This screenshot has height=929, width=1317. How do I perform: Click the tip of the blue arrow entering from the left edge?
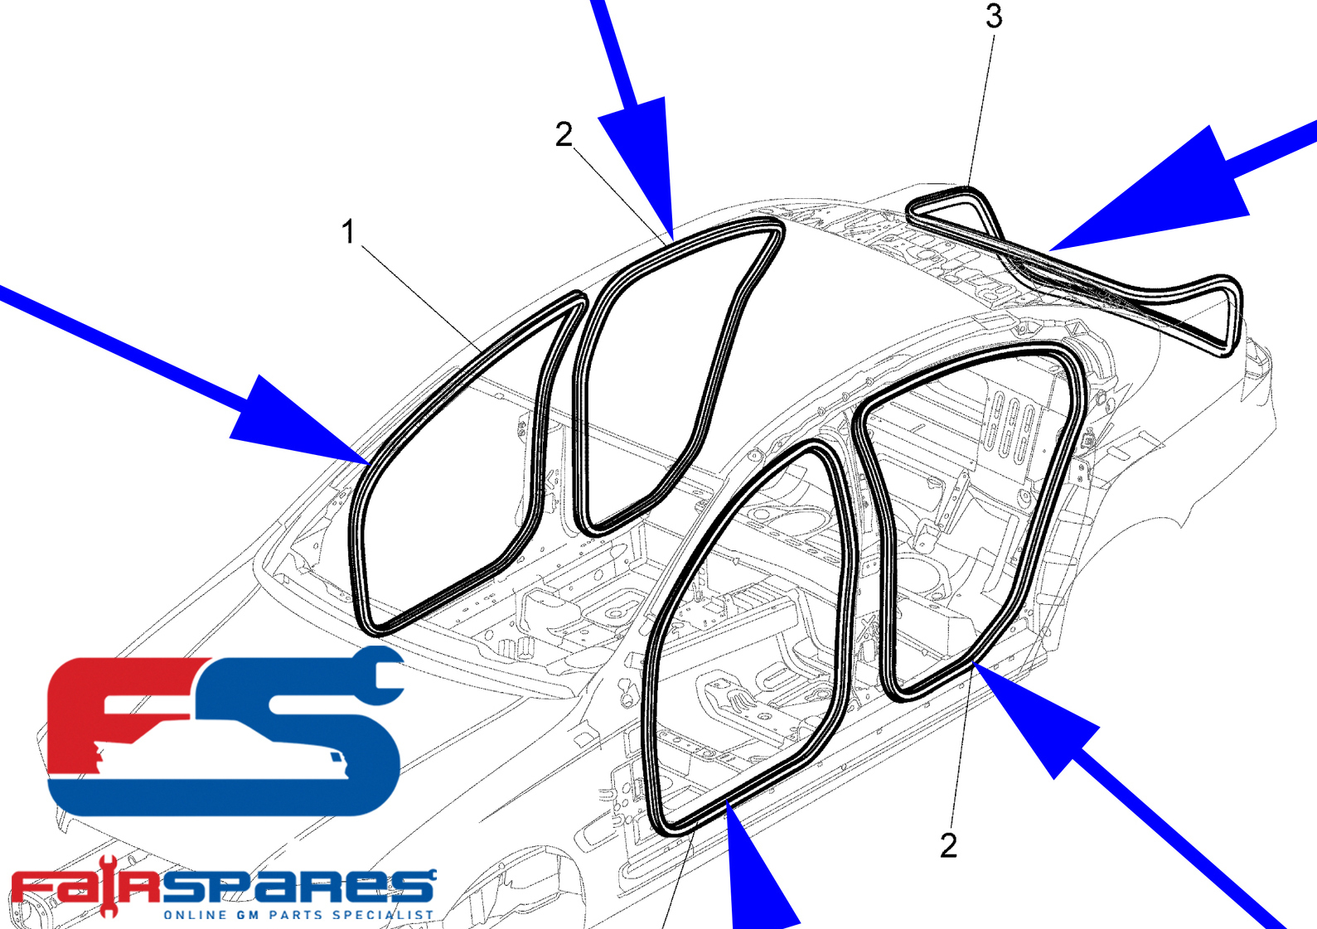[369, 464]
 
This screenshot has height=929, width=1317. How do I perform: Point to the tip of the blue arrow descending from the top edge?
[673, 241]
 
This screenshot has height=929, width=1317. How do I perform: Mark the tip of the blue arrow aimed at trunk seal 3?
[1048, 251]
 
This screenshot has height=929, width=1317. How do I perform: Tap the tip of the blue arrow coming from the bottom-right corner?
[973, 662]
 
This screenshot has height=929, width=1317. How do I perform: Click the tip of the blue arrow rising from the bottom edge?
[727, 801]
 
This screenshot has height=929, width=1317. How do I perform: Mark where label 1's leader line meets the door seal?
[482, 351]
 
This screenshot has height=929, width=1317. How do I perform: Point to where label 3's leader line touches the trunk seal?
[967, 187]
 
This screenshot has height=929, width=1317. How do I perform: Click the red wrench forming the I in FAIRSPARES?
[107, 888]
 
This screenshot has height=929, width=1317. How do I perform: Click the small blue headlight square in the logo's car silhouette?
[335, 757]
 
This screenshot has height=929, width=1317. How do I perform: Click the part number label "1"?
[349, 232]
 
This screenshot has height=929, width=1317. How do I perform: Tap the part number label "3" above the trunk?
[995, 16]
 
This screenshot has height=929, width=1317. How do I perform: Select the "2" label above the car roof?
[564, 134]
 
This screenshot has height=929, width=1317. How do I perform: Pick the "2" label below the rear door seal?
[948, 846]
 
